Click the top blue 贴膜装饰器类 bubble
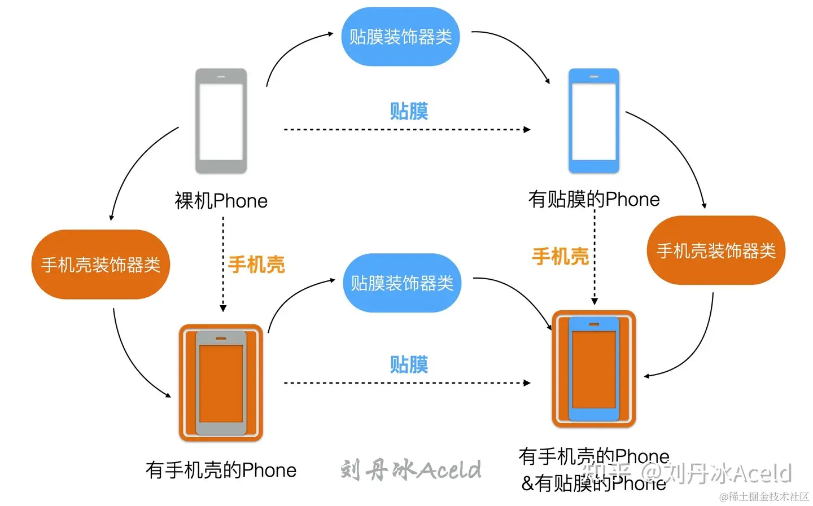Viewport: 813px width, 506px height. pos(400,37)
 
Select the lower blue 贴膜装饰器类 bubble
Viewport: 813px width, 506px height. pos(402,283)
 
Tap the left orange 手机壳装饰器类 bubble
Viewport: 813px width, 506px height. pos(100,264)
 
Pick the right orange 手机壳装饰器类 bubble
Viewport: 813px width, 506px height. pos(716,250)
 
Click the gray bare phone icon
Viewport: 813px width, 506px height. pos(221,121)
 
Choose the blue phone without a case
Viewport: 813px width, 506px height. pos(593,121)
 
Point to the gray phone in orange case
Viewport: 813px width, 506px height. pos(221,382)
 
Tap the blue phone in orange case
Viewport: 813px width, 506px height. pos(593,369)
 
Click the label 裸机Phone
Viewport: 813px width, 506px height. pos(221,201)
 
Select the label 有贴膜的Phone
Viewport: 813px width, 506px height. pos(594,199)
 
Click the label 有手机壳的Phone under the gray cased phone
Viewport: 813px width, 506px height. pos(221,470)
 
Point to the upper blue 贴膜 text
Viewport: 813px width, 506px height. pos(409,111)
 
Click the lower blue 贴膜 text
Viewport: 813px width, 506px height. pos(409,364)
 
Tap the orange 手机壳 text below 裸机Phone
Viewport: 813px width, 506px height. pos(256,265)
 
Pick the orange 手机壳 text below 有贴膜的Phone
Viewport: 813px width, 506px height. pos(560,257)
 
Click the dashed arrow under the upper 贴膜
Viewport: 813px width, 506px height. pos(406,130)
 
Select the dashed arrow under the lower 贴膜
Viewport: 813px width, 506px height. pos(406,383)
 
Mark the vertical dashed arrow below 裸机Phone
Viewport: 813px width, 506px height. pos(223,265)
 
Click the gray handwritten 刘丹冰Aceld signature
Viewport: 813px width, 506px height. pos(410,469)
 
